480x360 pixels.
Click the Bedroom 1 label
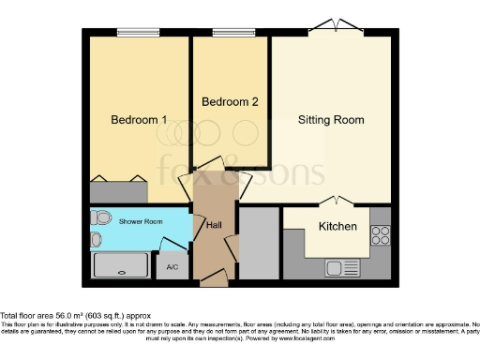click(139, 120)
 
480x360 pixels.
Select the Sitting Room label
click(331, 120)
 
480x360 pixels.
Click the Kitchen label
click(337, 227)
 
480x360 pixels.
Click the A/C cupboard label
click(172, 267)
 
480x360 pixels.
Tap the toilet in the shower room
click(100, 217)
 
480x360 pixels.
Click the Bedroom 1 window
click(137, 33)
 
